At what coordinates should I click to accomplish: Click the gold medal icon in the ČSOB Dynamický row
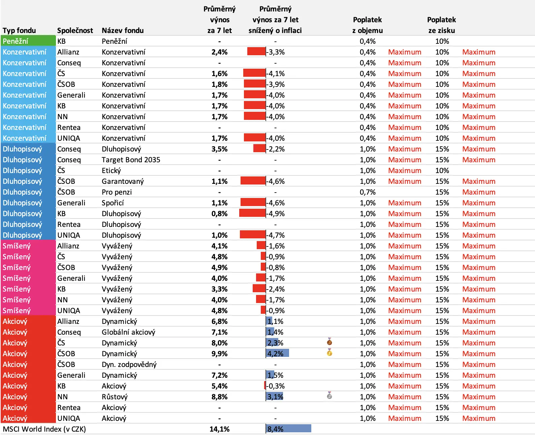point(329,352)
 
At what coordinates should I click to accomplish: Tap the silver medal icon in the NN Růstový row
point(329,395)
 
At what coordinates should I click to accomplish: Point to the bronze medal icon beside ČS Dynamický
point(329,341)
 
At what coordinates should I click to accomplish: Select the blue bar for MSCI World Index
point(288,429)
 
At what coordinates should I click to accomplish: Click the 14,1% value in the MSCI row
point(219,429)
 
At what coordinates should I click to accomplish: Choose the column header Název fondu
point(123,31)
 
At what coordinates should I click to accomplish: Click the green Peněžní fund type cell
point(28,41)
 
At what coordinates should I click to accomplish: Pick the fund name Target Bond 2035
point(131,160)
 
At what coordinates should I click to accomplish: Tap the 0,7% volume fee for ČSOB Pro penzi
point(367,192)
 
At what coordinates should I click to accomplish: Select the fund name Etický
point(111,171)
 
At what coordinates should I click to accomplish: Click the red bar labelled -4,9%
point(252,213)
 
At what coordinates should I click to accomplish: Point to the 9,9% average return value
point(219,354)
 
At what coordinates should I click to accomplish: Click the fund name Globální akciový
point(128,332)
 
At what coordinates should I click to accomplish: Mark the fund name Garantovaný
point(123,181)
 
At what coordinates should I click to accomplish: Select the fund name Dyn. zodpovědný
point(129,364)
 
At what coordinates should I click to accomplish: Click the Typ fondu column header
point(19,31)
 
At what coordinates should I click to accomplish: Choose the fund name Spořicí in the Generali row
point(113,203)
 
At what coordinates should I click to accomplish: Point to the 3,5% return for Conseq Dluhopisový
point(219,149)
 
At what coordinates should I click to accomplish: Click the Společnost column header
point(75,31)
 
